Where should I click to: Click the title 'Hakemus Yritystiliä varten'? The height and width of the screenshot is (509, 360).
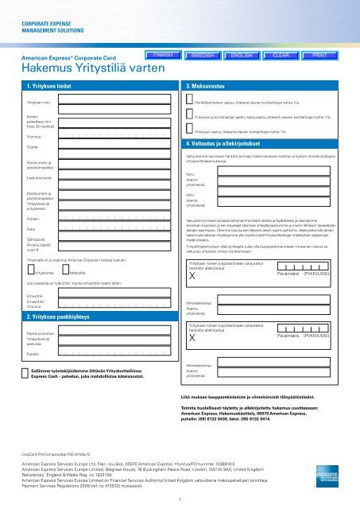pyautogui.click(x=77, y=68)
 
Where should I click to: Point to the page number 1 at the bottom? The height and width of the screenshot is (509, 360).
pyautogui.click(x=180, y=499)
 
